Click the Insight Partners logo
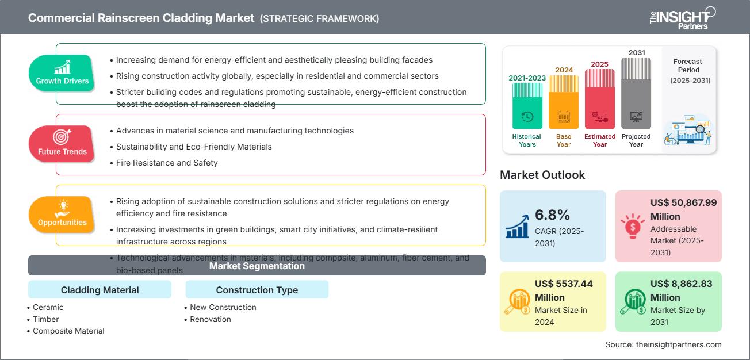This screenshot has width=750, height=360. [x=682, y=17]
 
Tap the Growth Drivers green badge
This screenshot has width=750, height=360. [x=62, y=72]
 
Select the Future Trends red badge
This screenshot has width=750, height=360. [x=62, y=143]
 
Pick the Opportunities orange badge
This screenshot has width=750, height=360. [x=62, y=214]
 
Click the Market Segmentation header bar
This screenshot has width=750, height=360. [x=257, y=266]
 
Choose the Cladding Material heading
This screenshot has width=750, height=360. [x=100, y=290]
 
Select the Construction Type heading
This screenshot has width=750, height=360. [x=257, y=290]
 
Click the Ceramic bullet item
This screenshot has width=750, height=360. [x=48, y=307]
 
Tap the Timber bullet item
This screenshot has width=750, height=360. [x=46, y=319]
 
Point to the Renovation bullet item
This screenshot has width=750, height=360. [x=211, y=319]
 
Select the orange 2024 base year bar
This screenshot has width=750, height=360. [x=564, y=102]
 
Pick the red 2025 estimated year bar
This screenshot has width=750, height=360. [x=600, y=99]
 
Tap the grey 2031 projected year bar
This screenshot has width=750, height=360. [x=636, y=93]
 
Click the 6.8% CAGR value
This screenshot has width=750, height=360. [x=552, y=215]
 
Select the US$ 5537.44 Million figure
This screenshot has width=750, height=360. [x=564, y=290]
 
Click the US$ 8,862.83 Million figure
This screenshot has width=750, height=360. [x=679, y=290]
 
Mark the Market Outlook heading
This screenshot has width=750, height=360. [x=542, y=175]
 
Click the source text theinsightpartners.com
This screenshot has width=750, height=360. [x=663, y=344]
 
